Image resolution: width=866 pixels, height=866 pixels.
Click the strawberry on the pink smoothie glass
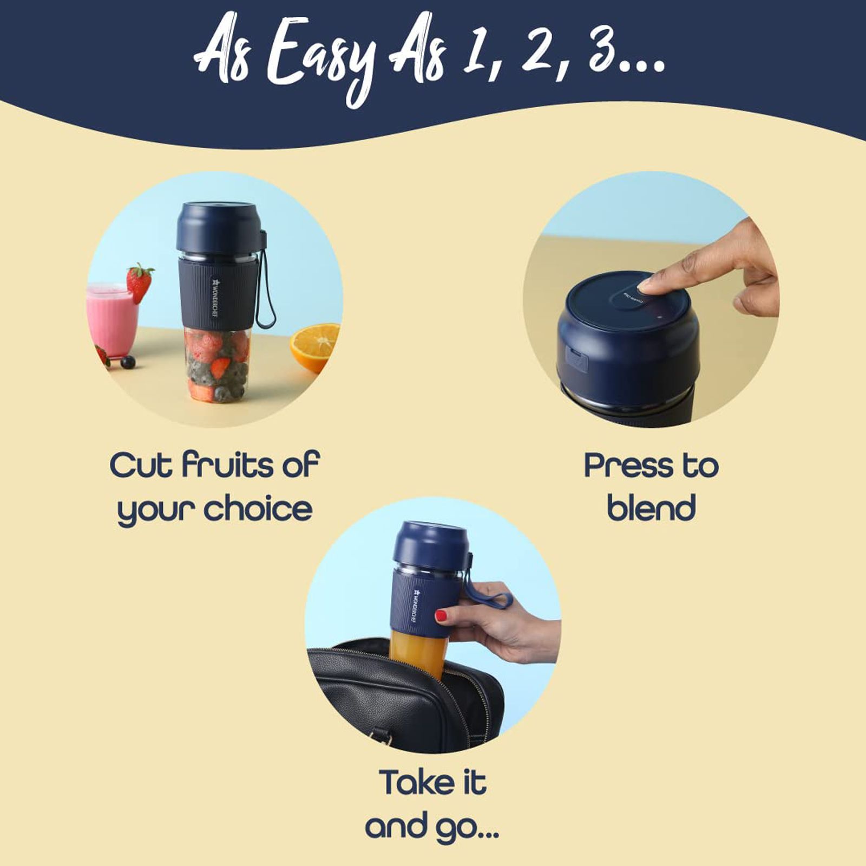tap(139, 281)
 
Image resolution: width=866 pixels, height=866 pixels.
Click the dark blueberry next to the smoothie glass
tap(128, 362)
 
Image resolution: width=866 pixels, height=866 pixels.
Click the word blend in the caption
tap(651, 509)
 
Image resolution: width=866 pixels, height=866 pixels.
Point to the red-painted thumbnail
tap(441, 615)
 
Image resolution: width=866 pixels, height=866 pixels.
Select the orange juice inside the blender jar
tap(417, 652)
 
